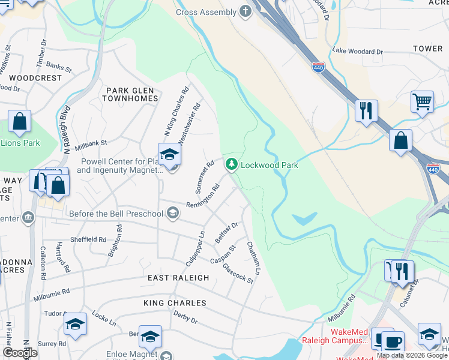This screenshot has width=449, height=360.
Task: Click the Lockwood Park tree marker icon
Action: point(231,164)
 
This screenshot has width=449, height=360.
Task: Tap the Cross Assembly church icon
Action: point(245,11)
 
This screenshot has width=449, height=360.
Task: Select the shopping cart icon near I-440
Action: point(423,102)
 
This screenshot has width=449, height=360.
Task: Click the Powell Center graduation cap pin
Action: point(170,155)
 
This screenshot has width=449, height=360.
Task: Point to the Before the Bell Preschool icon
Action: point(173,213)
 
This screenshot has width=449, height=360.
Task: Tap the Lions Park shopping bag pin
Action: point(20,122)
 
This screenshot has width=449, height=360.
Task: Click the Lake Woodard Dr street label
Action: point(358,52)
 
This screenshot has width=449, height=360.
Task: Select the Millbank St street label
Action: point(91,144)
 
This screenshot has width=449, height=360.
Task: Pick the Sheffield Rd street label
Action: point(89,239)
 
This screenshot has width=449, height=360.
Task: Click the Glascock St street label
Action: point(238,274)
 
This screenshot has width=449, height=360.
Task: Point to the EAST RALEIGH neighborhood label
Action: point(178,278)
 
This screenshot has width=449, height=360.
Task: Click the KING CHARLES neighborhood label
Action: point(175,303)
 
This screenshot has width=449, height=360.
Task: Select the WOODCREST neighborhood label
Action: point(36,78)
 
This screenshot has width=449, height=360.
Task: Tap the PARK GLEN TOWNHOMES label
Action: point(131,94)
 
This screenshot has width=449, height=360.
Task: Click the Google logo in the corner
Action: point(19,353)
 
